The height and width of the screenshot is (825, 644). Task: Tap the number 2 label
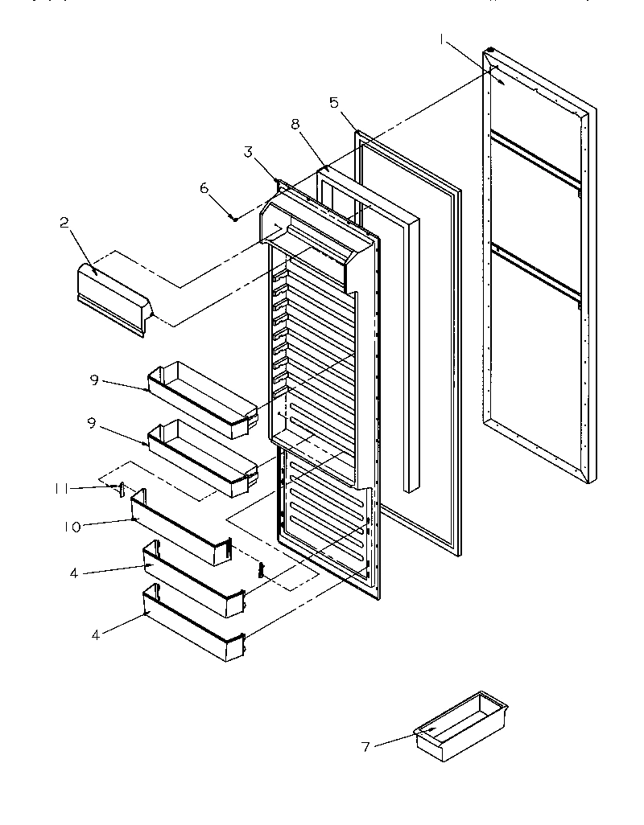[x=64, y=224]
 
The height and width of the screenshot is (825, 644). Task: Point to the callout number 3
[x=249, y=151]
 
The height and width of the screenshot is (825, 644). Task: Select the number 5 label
[x=334, y=102]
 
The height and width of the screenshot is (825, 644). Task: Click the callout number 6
[x=204, y=187]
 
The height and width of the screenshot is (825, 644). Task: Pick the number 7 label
[x=365, y=747]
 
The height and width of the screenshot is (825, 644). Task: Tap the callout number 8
[x=295, y=125]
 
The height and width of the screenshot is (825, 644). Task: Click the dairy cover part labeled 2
[x=113, y=296]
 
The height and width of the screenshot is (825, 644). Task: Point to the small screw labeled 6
[x=233, y=217]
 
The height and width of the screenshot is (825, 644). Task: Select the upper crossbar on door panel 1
[x=535, y=161]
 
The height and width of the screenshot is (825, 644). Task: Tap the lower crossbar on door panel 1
[x=535, y=274]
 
